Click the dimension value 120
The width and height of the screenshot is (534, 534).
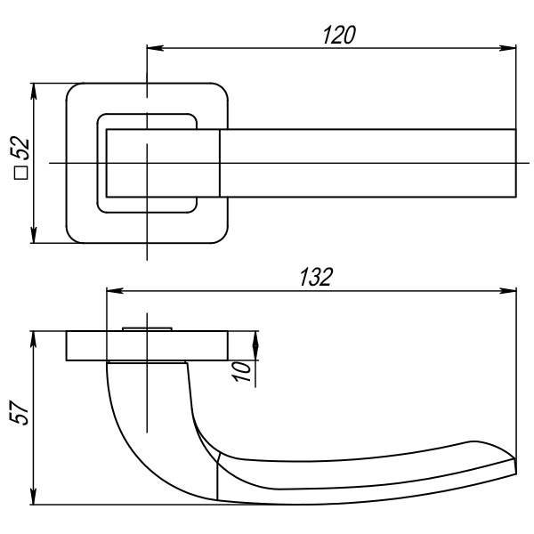338,35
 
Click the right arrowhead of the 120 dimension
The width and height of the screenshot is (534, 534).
510,48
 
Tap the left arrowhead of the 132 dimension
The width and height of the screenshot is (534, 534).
112,291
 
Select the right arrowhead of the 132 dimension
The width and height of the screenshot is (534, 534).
510,291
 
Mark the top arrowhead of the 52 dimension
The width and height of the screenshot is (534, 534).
34,90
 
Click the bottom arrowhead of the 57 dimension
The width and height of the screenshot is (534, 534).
34,498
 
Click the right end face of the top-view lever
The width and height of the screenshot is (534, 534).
516,164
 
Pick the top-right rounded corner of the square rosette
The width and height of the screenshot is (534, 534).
220,93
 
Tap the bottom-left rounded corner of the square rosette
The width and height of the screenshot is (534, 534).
74,235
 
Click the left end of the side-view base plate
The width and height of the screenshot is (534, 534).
67,346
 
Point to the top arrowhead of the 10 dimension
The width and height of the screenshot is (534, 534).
256,338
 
